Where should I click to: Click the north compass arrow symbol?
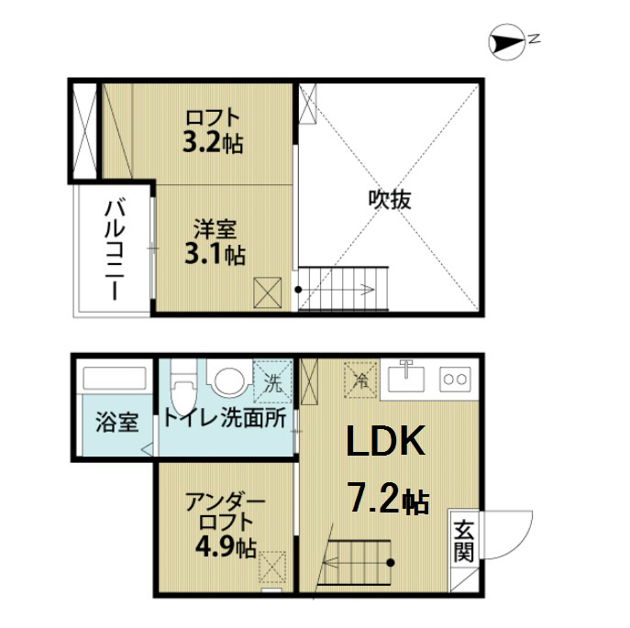pos(505,39)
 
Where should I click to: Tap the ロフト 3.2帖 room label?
pos(213,130)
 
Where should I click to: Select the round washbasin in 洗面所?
pos(226,379)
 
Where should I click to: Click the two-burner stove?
pos(455,377)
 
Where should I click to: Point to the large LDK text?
pos(385,443)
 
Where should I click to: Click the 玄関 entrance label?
pos(464,542)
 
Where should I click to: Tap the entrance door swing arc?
pos(510,533)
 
